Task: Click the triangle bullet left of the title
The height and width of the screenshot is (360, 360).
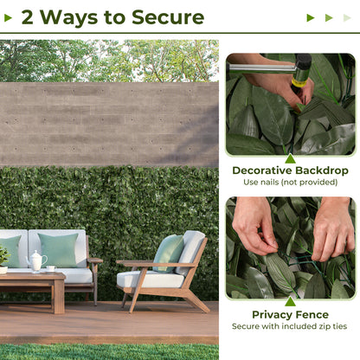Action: coord(10,17)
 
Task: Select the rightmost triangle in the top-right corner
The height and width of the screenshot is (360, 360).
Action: coord(347,17)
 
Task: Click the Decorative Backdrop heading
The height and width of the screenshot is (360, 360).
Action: coord(290,170)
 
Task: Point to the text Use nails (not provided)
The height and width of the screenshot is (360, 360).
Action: coord(290,183)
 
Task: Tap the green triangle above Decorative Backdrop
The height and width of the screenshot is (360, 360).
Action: coord(290,158)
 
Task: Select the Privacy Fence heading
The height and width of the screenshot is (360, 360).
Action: coord(290,314)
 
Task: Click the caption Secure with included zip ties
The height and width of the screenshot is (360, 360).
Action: coord(290,327)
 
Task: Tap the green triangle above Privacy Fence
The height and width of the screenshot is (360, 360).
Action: coord(290,302)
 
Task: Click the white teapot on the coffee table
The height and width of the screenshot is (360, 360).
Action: coord(37,261)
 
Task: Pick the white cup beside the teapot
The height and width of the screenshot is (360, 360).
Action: coord(51,268)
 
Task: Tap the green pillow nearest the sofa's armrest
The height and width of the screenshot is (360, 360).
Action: coord(60,250)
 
